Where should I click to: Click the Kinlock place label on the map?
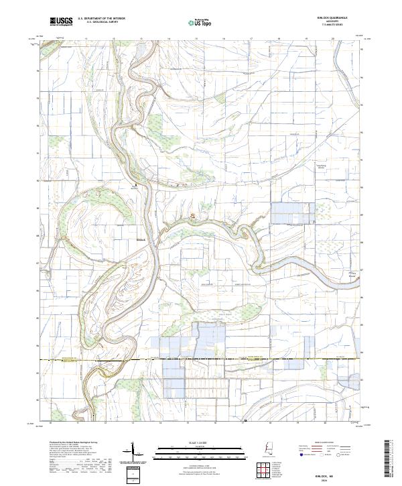coord(140,235)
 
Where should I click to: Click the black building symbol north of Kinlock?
coord(139,184)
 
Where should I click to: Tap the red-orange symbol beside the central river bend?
coord(194,215)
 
